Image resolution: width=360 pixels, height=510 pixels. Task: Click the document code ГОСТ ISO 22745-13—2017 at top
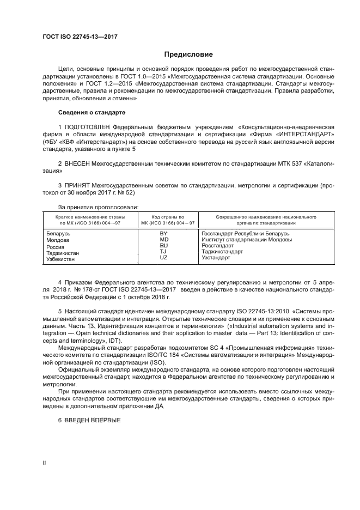click(80, 37)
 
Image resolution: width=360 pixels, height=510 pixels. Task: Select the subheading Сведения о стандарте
click(91, 112)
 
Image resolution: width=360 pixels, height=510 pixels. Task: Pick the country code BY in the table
click(163, 234)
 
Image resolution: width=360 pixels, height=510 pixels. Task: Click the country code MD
click(163, 240)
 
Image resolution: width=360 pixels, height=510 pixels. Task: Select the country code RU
click(163, 246)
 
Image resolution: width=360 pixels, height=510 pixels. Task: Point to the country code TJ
click(163, 252)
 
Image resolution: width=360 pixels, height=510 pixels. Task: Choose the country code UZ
click(163, 258)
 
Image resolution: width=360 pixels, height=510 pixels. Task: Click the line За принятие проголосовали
click(98, 207)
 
